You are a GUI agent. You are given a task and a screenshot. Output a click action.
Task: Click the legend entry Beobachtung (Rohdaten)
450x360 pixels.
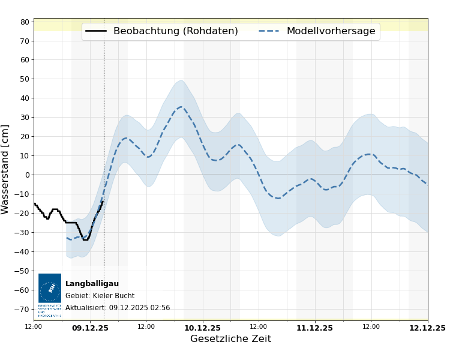[175, 31]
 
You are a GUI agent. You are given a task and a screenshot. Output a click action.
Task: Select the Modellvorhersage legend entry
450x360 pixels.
[331, 31]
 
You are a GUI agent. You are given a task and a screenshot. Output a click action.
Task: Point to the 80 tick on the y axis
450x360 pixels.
[25, 22]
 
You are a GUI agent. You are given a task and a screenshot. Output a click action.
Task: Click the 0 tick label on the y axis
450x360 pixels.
[27, 175]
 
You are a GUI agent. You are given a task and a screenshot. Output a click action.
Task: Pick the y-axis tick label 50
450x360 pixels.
[25, 79]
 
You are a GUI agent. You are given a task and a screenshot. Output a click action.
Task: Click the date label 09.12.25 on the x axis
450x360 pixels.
[90, 328]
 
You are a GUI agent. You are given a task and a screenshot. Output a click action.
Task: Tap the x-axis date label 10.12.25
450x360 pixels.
[202, 328]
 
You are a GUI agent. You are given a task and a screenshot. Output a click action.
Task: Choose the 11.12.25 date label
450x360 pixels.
[314, 328]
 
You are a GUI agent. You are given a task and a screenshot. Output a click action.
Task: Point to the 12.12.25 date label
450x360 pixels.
[427, 328]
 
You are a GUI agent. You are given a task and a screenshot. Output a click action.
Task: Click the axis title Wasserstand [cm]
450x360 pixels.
[6, 169]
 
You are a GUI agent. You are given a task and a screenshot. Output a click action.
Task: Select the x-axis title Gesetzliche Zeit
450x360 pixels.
[230, 339]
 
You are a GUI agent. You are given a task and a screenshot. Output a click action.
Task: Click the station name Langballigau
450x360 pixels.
[92, 284]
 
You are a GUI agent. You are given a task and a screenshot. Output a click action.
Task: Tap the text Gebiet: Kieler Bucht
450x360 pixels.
[100, 296]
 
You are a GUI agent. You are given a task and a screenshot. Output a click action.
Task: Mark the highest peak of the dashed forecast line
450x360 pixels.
[181, 107]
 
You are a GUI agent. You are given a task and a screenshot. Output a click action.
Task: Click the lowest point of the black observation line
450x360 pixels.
[85, 239]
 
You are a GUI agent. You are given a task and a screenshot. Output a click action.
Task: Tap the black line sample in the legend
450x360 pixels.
[96, 31]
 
